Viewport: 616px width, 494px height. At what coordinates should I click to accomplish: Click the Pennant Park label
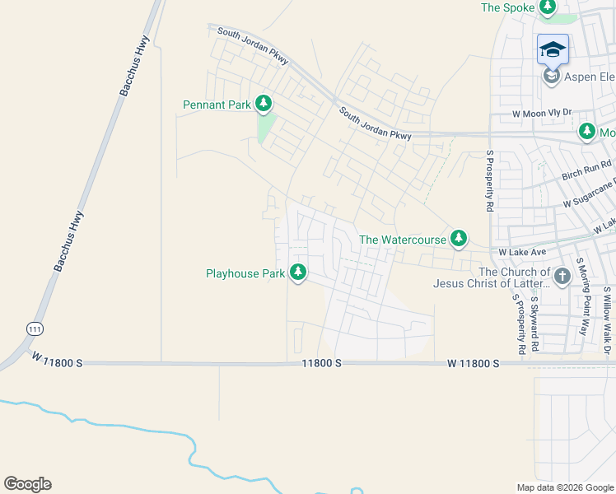(217, 105)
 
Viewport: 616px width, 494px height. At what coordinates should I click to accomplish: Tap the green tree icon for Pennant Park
(264, 104)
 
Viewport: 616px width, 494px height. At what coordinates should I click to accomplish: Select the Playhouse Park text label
(245, 273)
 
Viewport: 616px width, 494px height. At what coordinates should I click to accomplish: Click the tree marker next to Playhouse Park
(298, 272)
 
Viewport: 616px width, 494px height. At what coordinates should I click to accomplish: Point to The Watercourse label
(402, 240)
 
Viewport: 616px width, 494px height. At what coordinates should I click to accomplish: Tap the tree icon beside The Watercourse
(459, 240)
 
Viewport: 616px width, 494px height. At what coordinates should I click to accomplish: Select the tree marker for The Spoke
(548, 7)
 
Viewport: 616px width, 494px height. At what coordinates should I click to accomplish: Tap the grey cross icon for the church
(562, 276)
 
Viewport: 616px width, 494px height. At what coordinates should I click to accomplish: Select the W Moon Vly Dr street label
(541, 114)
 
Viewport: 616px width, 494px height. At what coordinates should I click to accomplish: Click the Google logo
(27, 484)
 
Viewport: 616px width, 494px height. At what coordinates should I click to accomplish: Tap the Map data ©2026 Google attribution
(564, 487)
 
